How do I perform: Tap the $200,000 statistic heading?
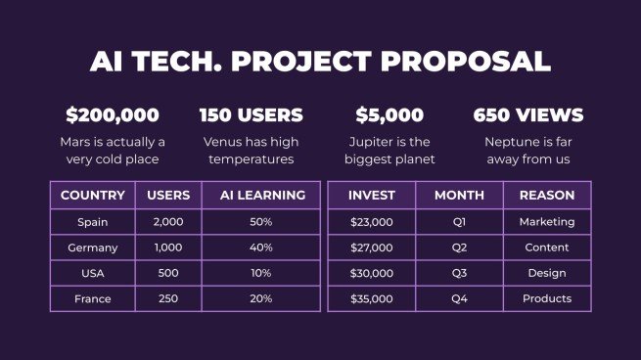[112, 115]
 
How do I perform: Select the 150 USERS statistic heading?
[251, 115]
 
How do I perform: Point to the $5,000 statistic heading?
[389, 115]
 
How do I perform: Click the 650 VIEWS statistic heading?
[528, 115]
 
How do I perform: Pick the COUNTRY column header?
[93, 196]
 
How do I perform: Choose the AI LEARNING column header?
[261, 196]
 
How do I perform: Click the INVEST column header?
[372, 196]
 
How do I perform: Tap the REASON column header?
[547, 196]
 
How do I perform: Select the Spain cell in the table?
[93, 222]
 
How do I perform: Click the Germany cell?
[93, 248]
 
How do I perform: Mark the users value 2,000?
[168, 222]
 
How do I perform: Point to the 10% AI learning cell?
[261, 273]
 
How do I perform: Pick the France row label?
[93, 298]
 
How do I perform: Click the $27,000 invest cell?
[372, 248]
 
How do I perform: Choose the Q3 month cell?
[460, 273]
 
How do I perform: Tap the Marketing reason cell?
[547, 222]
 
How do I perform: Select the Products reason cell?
[547, 298]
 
